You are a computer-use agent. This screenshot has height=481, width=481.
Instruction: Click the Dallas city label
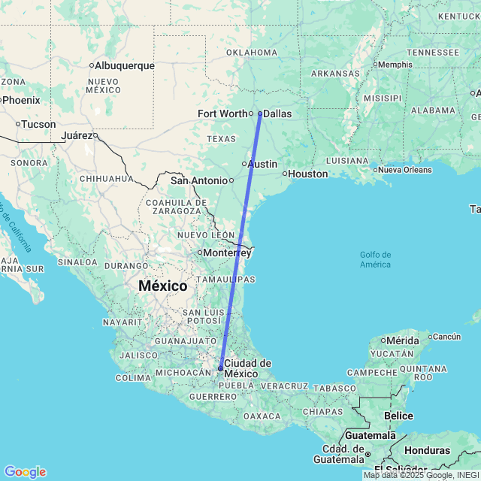click(278, 114)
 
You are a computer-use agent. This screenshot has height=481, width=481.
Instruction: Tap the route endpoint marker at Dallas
click(260, 113)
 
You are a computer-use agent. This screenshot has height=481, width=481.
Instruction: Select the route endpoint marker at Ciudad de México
click(220, 368)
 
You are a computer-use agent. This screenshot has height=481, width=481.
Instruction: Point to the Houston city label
click(308, 174)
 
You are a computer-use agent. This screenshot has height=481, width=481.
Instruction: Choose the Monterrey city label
click(226, 253)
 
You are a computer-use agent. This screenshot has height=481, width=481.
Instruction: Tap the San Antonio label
click(198, 180)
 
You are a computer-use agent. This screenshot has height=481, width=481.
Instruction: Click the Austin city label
click(262, 164)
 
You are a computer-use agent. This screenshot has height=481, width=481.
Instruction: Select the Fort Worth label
click(222, 113)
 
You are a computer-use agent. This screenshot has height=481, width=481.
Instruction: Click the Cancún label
click(446, 336)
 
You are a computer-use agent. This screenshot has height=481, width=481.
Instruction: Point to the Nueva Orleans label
click(405, 170)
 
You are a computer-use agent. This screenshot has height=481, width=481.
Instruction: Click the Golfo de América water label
click(375, 259)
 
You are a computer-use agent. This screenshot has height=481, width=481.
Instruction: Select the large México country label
click(163, 286)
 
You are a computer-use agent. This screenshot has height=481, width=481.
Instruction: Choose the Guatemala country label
click(371, 435)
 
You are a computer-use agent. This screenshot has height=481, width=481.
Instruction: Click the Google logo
click(24, 472)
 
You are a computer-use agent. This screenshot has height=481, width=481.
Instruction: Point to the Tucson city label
click(38, 124)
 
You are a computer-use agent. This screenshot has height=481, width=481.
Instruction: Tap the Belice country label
click(398, 416)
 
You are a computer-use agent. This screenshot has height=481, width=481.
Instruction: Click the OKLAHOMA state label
click(252, 53)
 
